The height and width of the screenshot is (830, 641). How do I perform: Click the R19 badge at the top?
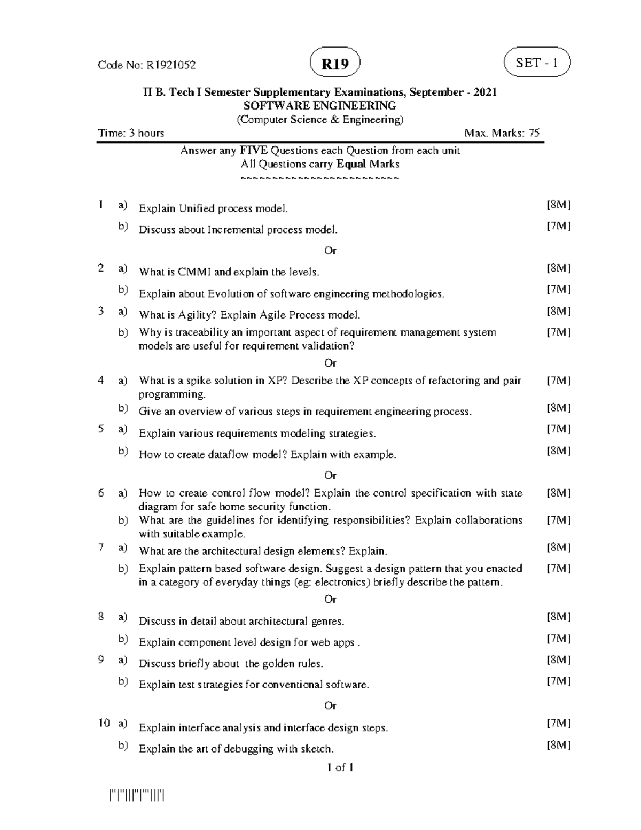point(335,64)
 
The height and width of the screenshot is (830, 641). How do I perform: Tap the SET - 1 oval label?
point(537,63)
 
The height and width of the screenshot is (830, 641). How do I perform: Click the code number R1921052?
point(171,65)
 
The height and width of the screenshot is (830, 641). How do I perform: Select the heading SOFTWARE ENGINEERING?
point(320,105)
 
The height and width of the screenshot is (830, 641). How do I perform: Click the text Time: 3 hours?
point(131,133)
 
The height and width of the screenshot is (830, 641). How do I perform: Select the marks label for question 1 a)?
point(558,205)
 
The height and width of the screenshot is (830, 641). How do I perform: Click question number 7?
point(101,547)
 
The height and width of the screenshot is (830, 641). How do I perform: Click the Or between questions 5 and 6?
point(330,475)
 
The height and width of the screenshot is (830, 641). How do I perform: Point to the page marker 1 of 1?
point(340,767)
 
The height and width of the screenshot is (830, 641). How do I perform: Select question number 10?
point(104,723)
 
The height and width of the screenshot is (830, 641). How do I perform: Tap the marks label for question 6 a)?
point(558,493)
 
